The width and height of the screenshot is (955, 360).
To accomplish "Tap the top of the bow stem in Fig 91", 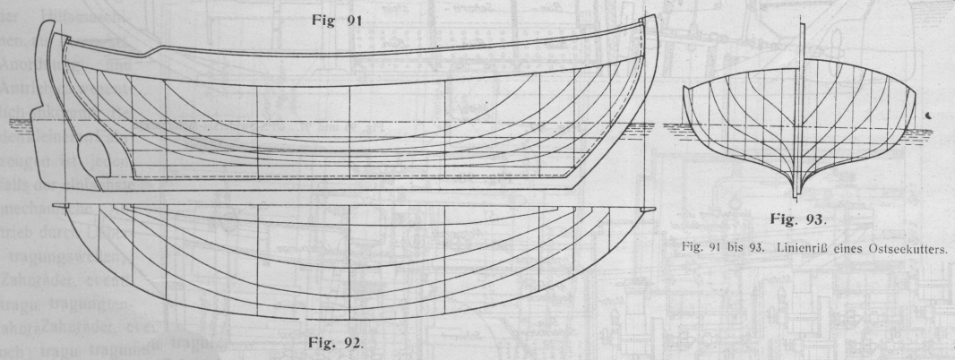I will [x=651, y=22].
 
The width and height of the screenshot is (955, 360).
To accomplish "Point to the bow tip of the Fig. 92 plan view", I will [x=648, y=209].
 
